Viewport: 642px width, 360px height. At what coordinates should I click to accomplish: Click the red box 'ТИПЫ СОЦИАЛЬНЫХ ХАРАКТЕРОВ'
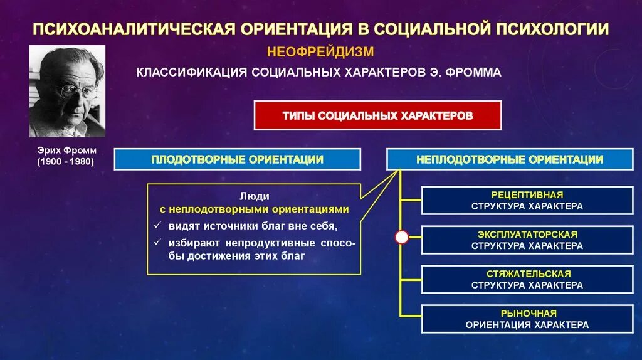click(377, 115)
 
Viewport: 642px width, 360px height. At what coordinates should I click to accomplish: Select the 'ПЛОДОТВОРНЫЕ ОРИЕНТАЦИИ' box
click(237, 159)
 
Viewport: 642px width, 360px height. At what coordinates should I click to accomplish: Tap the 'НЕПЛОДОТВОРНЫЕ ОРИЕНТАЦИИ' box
click(510, 159)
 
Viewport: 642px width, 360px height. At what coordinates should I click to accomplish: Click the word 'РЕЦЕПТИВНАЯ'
click(527, 195)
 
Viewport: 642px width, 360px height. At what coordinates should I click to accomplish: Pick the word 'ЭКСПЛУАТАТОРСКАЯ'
click(527, 234)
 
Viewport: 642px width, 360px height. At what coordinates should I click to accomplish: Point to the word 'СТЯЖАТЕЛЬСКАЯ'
click(527, 274)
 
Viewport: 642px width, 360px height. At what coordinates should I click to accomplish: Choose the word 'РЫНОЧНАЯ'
click(527, 313)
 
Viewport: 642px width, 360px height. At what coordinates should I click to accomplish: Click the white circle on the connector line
click(402, 237)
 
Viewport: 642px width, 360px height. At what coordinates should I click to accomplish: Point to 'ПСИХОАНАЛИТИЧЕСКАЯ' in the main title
click(134, 29)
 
